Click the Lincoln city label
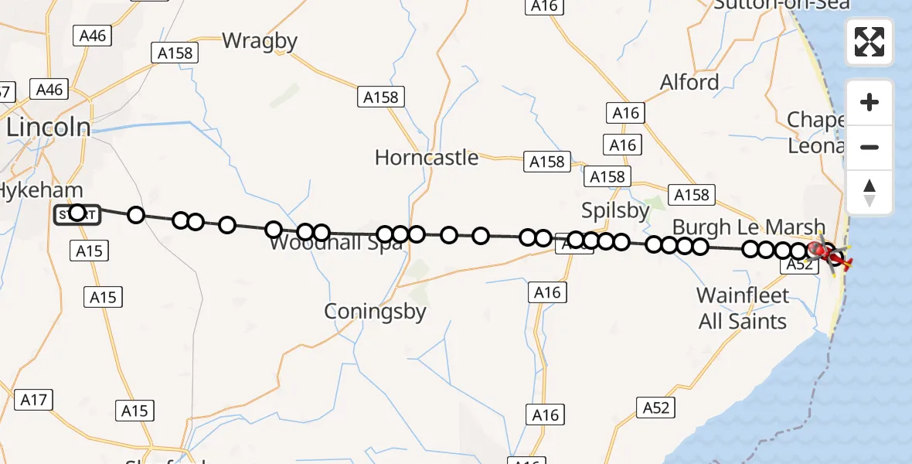click(48, 128)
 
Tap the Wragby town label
click(260, 40)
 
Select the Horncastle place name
click(426, 158)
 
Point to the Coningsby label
click(375, 311)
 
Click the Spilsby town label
click(616, 211)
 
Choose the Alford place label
click(689, 82)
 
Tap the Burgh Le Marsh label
click(748, 227)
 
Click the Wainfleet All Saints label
click(742, 308)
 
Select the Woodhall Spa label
click(335, 244)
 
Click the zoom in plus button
click(869, 102)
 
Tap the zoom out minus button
click(869, 147)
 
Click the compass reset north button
click(869, 192)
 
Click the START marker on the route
click(77, 213)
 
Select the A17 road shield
click(34, 400)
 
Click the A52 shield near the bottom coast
click(655, 408)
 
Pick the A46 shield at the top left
click(92, 35)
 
